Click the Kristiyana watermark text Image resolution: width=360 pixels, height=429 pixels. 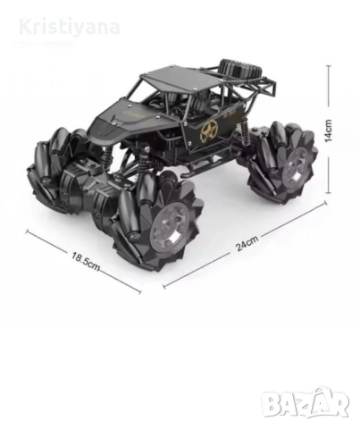(x=70, y=27)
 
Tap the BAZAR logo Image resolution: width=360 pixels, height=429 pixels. (x=306, y=402)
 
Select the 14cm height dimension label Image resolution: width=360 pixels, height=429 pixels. (x=328, y=130)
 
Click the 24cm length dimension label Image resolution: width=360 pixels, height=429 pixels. (x=247, y=243)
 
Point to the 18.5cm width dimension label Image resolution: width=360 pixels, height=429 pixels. (x=86, y=261)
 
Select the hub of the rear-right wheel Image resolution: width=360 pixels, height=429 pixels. (x=296, y=165)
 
